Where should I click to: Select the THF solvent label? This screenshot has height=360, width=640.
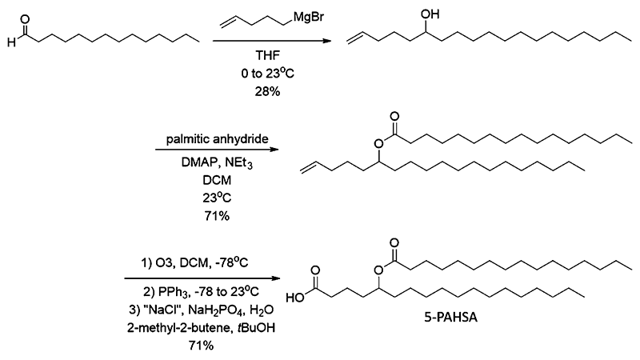coord(268,55)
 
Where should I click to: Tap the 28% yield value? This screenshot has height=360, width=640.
coord(268,91)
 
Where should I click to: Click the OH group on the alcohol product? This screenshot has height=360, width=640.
coord(430,14)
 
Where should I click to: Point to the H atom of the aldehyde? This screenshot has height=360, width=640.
coord(11,42)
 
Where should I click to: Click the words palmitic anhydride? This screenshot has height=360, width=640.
coord(217,139)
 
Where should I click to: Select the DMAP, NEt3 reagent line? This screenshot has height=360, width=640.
coord(217,163)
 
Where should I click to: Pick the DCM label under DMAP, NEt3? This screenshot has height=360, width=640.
coord(217,180)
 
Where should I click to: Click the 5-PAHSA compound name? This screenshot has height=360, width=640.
coord(450,317)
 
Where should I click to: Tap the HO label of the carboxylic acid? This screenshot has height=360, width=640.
coord(295,298)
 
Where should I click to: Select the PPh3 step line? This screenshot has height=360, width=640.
coord(201,292)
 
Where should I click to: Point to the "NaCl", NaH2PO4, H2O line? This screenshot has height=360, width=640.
coord(201,310)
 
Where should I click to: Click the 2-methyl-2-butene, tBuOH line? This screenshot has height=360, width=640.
coord(201,328)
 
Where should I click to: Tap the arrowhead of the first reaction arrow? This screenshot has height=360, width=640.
coord(326,41)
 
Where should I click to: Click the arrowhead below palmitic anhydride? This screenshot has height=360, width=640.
coord(274,150)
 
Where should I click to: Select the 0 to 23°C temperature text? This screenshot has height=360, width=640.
coord(268,73)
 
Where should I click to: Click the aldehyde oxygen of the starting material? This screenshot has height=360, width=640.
coord(25,19)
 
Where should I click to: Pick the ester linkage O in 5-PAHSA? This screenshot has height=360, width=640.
coord(379,270)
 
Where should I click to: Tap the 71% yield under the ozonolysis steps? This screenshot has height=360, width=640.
coord(201,346)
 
